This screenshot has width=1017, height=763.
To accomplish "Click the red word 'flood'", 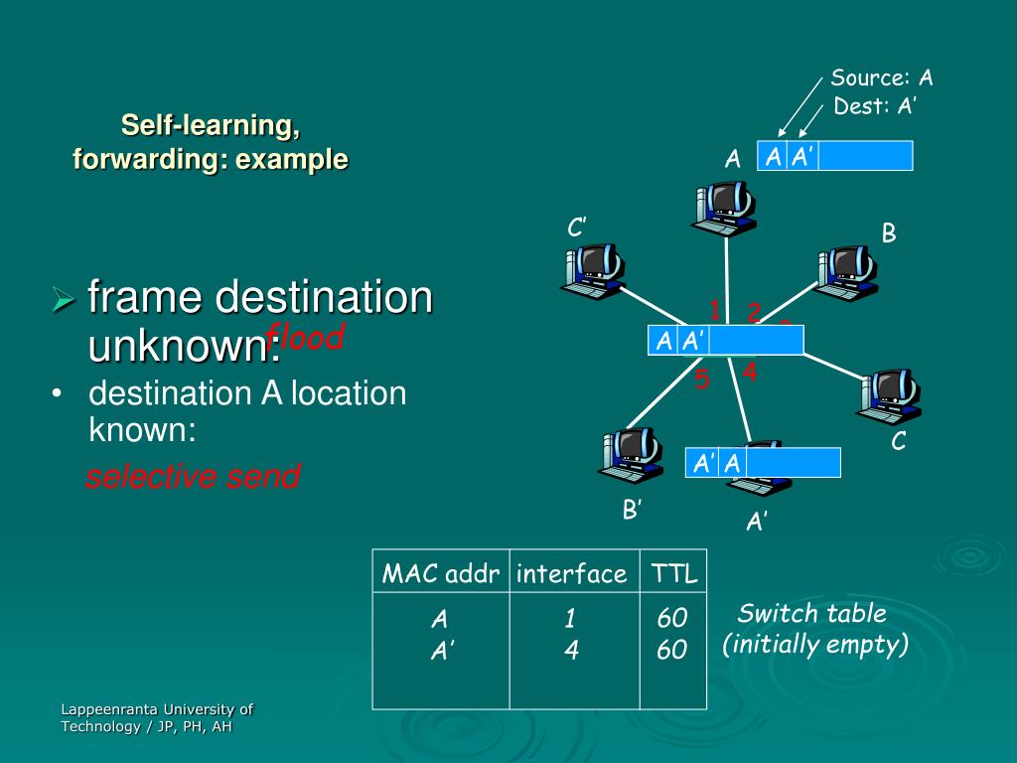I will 306,338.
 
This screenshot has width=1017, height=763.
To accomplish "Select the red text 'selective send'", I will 193,477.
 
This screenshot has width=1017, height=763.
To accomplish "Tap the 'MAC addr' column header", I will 440,573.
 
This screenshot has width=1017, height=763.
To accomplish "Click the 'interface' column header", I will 572,573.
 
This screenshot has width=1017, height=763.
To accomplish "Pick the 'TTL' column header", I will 673,573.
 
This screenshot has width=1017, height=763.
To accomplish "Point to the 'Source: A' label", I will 882,78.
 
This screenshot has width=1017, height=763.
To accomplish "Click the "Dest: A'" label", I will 874,106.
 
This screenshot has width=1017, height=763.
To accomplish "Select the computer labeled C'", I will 592,271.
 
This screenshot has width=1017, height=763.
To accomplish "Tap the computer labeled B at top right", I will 845,273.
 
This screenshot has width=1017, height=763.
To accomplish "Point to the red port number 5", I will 702,380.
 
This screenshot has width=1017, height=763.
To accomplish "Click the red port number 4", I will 750,373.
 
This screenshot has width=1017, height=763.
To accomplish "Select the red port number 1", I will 714,310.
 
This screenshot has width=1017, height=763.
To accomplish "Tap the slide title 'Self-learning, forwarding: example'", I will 211,142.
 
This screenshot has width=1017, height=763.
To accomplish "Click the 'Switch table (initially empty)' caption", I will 813,629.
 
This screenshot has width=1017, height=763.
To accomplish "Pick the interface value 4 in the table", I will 570,651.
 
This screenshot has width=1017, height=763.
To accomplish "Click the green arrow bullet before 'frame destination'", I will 65,298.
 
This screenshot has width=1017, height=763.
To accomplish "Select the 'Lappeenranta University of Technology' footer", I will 157,717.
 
